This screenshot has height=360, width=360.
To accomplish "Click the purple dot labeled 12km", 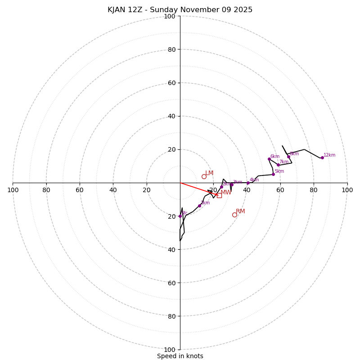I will click(322, 157).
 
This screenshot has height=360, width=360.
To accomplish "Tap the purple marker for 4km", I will click(248, 183).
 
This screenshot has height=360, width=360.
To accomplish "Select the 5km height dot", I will click(273, 174).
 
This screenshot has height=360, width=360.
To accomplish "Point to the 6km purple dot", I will click(269, 159).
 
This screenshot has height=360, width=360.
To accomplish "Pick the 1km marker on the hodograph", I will click(199, 206).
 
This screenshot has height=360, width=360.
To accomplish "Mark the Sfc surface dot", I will click(180, 216).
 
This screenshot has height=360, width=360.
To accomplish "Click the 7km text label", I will click(284, 162).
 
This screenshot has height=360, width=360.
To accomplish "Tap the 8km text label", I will click(294, 154).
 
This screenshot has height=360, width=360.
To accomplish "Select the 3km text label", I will click(238, 182).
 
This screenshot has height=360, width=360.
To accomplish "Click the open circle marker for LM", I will click(204, 176).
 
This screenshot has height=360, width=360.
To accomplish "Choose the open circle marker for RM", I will click(234, 215).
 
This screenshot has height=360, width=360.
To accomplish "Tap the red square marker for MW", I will click(219, 195).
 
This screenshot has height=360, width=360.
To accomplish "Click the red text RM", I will click(240, 211).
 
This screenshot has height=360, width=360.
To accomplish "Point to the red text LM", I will click(209, 173).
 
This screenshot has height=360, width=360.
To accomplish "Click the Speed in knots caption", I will click(180, 356).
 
